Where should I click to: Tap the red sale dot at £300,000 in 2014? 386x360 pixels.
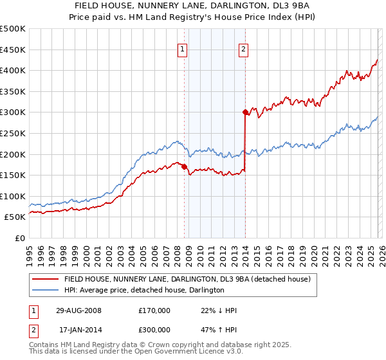[x=245, y=112]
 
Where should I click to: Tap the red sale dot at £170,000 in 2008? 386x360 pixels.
[x=185, y=166]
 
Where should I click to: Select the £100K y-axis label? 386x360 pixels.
[x=13, y=196]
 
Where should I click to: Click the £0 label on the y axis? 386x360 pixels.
[x=19, y=238]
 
